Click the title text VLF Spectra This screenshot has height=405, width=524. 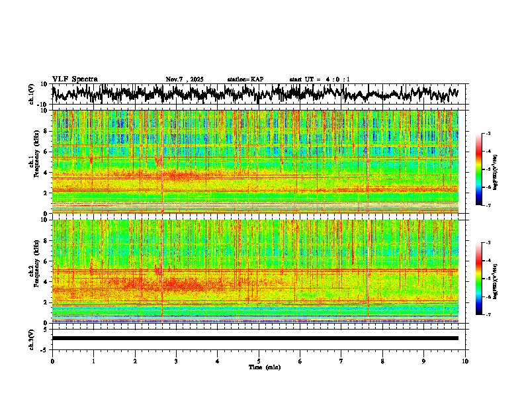point(75,79)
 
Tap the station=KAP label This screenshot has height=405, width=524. point(245,79)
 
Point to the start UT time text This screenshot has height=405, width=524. point(314,79)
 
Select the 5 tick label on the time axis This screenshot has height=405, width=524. point(259,361)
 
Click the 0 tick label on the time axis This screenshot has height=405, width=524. point(52,361)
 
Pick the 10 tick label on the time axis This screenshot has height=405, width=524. point(465,361)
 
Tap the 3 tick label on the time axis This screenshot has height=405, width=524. point(176,361)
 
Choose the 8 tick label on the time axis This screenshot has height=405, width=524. point(382,361)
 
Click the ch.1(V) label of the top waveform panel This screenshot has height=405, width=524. point(32,93)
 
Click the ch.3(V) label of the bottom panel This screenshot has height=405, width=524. point(32,338)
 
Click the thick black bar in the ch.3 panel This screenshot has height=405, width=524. point(255,338)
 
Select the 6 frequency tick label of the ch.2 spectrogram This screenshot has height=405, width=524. point(48,261)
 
